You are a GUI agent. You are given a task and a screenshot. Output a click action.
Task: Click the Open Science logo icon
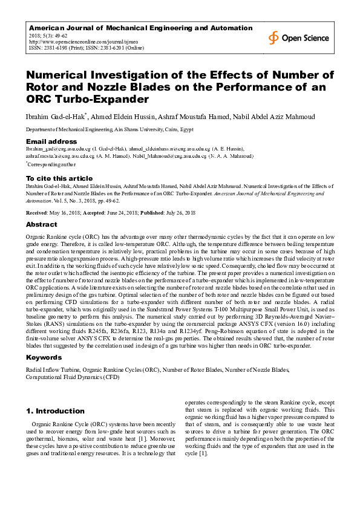point(274,37)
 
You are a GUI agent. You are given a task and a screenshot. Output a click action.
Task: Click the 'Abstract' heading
point(42,224)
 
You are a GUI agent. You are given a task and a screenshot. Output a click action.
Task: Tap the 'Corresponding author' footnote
point(52,164)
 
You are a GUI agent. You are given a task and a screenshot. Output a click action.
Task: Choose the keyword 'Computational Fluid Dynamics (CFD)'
point(72,376)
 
